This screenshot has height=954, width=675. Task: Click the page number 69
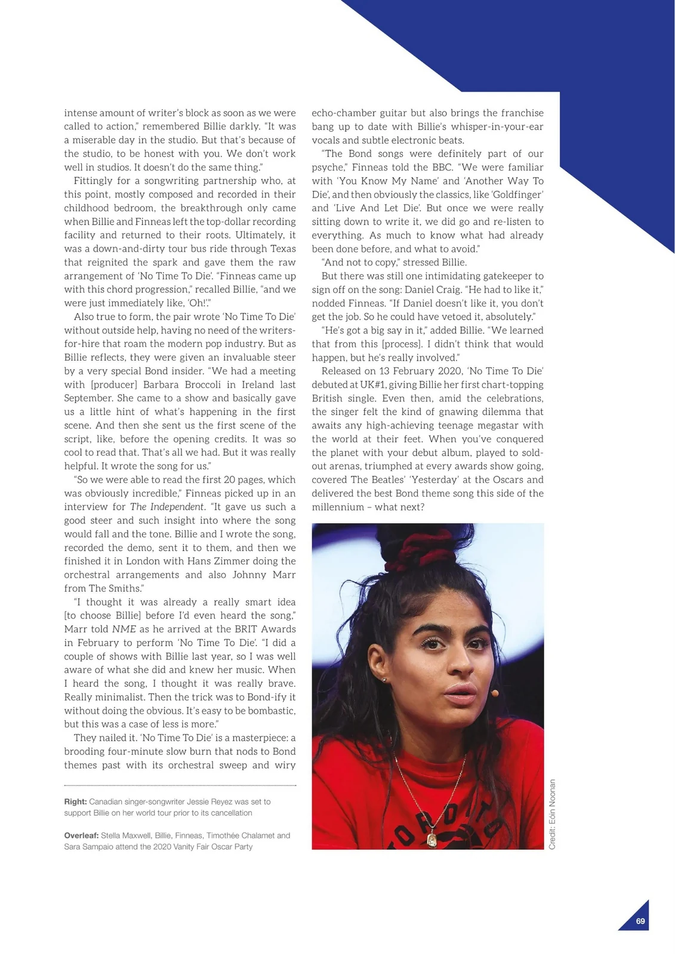[640, 921]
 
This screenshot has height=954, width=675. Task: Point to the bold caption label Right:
[76, 802]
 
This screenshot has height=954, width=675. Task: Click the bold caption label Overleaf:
[81, 835]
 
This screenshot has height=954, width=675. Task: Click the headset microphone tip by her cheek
[495, 693]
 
